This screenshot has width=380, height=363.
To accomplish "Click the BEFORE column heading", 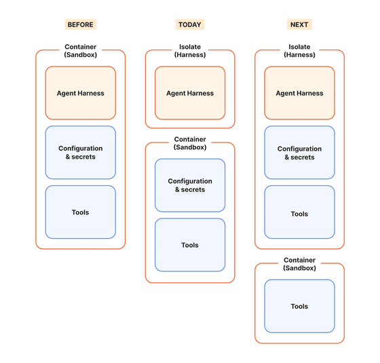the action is pyautogui.click(x=81, y=24).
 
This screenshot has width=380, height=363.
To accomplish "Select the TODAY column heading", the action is pyautogui.click(x=190, y=24).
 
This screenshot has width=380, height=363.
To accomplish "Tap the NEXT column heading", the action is pyautogui.click(x=299, y=24).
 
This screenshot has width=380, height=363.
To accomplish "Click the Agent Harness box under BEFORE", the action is pyautogui.click(x=81, y=93).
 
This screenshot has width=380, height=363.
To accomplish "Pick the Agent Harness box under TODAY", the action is pyautogui.click(x=190, y=93).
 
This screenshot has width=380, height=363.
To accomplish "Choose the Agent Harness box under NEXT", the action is pyautogui.click(x=299, y=93).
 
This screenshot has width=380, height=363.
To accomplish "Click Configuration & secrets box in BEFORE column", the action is pyautogui.click(x=81, y=153).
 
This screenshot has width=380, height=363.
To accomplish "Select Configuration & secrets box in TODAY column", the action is pyautogui.click(x=190, y=185).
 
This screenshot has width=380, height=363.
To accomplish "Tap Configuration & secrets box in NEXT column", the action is pyautogui.click(x=299, y=153).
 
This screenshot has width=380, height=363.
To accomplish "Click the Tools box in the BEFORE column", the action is pyautogui.click(x=81, y=212).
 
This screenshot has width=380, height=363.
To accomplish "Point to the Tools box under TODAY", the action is pyautogui.click(x=190, y=245).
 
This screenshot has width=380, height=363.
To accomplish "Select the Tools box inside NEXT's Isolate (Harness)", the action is pyautogui.click(x=299, y=212).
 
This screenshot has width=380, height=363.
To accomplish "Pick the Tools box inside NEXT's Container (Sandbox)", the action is pyautogui.click(x=299, y=306).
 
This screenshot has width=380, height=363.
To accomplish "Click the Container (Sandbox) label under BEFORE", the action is pyautogui.click(x=81, y=51).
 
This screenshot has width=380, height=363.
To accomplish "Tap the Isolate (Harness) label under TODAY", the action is pyautogui.click(x=190, y=51).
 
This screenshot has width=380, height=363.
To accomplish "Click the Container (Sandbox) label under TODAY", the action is pyautogui.click(x=190, y=143).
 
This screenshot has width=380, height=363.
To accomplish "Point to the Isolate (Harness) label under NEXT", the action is pyautogui.click(x=299, y=51).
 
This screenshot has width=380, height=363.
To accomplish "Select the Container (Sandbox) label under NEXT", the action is pyautogui.click(x=299, y=264).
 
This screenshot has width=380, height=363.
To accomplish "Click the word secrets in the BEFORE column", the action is pyautogui.click(x=83, y=157).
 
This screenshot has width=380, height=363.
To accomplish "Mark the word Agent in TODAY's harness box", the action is pyautogui.click(x=174, y=94).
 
